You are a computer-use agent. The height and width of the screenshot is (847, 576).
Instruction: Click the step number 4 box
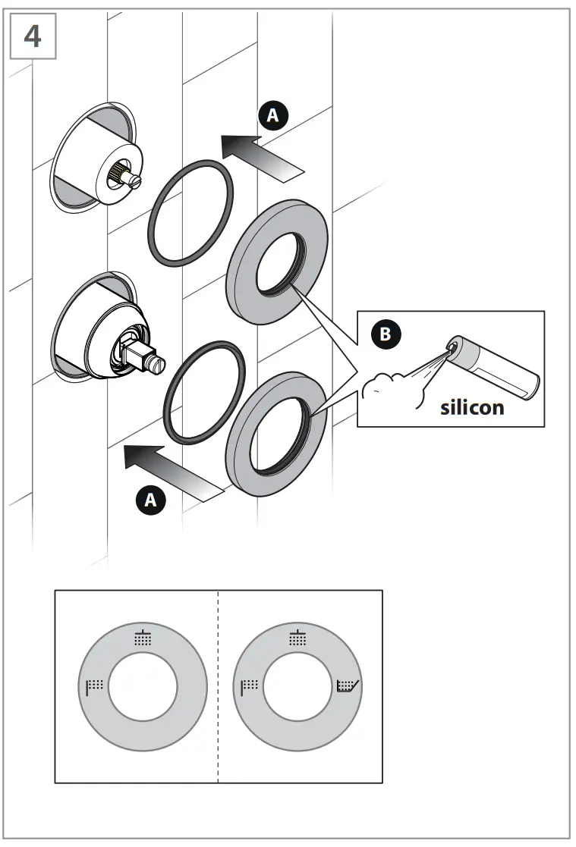[33, 36]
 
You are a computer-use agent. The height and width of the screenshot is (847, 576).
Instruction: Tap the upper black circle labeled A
[274, 115]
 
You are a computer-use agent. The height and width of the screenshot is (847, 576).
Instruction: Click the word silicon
[472, 407]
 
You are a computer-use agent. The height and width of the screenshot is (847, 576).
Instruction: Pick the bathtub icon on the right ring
[349, 687]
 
